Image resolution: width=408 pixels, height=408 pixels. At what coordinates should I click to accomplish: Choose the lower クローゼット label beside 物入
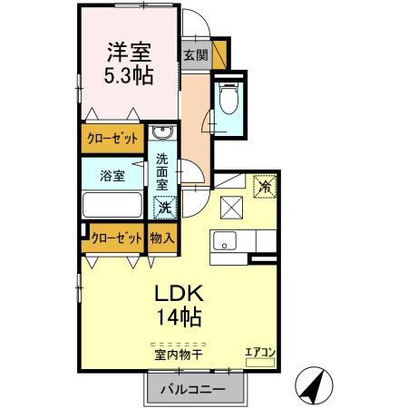117,238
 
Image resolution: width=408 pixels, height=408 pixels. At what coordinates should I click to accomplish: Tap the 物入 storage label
163,238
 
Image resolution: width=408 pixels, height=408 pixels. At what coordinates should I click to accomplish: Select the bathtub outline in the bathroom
112,204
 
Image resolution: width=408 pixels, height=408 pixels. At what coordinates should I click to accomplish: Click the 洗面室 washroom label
163,172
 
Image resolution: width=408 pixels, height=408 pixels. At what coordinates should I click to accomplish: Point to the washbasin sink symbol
163,135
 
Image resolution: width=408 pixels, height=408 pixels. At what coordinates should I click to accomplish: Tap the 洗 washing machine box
164,207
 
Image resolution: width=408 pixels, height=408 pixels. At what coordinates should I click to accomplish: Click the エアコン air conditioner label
259,354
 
